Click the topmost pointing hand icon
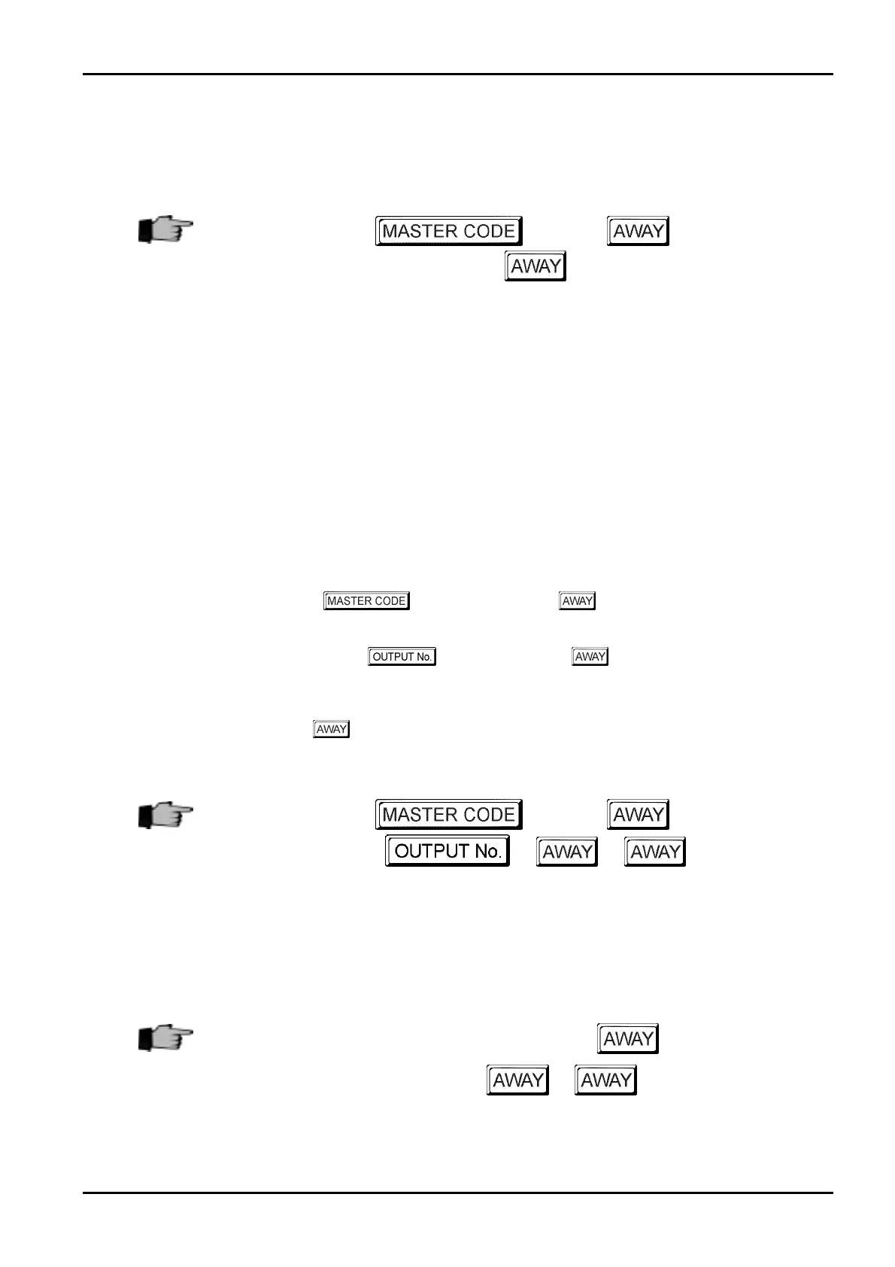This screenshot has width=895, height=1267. pyautogui.click(x=165, y=229)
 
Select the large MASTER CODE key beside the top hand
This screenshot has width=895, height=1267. pyautogui.click(x=449, y=231)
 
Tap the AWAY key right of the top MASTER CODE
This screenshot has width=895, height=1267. pyautogui.click(x=638, y=231)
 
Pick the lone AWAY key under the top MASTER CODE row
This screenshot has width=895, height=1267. pyautogui.click(x=535, y=266)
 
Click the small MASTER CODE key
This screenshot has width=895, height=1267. pyautogui.click(x=366, y=601)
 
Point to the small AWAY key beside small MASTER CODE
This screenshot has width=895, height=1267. pyautogui.click(x=577, y=601)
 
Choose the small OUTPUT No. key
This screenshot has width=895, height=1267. pyautogui.click(x=402, y=657)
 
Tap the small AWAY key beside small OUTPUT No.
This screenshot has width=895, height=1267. pyautogui.click(x=590, y=657)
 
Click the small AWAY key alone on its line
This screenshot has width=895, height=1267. pyautogui.click(x=331, y=729)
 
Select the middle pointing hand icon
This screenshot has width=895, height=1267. pyautogui.click(x=165, y=814)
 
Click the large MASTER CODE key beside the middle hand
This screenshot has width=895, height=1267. pyautogui.click(x=449, y=814)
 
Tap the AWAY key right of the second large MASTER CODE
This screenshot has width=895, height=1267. pyautogui.click(x=638, y=814)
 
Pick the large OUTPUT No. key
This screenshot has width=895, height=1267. pyautogui.click(x=447, y=851)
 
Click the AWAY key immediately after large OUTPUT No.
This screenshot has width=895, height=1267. pyautogui.click(x=567, y=852)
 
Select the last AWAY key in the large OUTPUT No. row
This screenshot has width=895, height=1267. pyautogui.click(x=654, y=852)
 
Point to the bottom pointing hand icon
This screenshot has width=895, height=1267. pyautogui.click(x=165, y=1038)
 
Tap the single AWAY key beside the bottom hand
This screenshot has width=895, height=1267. pyautogui.click(x=628, y=1038)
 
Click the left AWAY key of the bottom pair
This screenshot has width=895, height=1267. pyautogui.click(x=517, y=1080)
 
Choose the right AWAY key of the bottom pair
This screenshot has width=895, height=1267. pyautogui.click(x=605, y=1080)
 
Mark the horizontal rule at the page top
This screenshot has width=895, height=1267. pyautogui.click(x=457, y=74)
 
